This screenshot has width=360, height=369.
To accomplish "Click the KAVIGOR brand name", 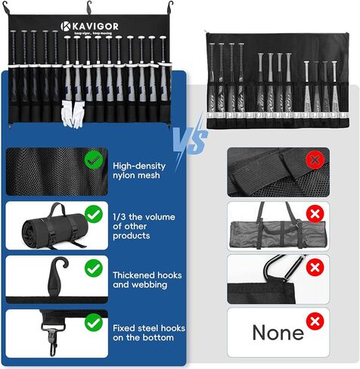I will click(x=96, y=26).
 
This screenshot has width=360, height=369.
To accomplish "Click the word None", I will click(x=278, y=331).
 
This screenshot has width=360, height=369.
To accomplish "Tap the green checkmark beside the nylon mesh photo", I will click(x=93, y=160).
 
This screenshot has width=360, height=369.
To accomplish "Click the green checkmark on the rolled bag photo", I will click(x=93, y=213).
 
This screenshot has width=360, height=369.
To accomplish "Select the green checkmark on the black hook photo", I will click(x=93, y=267).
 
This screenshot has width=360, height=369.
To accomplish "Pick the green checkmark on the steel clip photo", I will click(x=93, y=323).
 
